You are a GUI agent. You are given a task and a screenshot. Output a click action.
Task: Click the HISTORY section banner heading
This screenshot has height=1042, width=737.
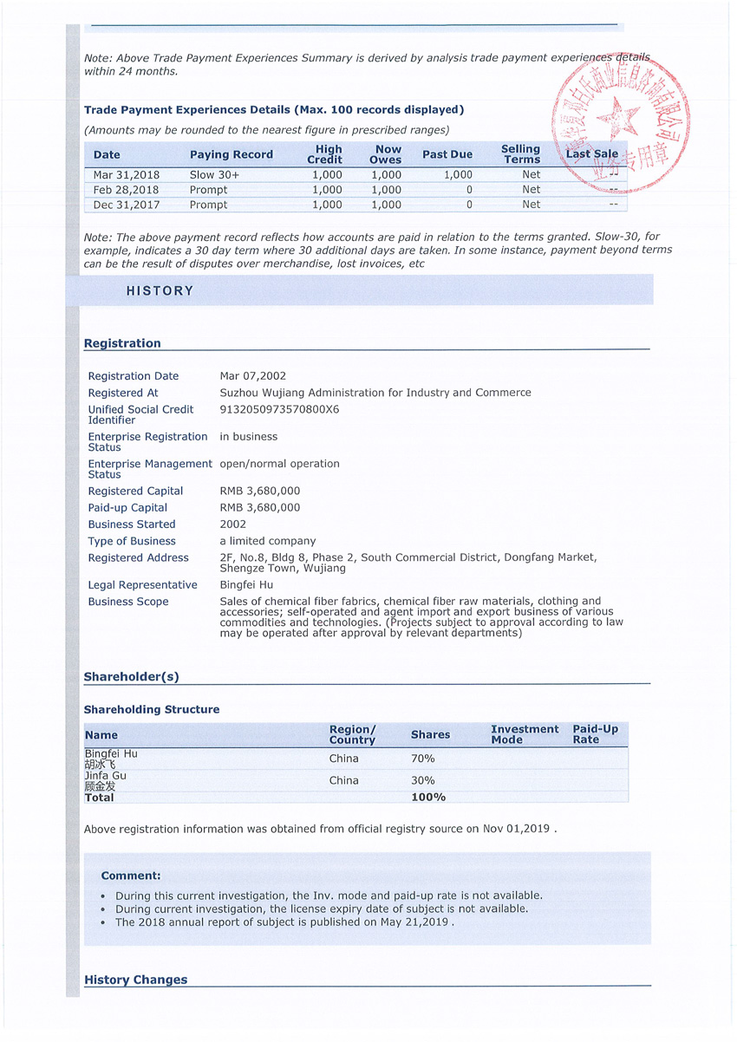pyautogui.click(x=160, y=291)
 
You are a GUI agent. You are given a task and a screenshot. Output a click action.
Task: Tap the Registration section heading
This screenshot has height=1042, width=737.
pyautogui.click(x=122, y=343)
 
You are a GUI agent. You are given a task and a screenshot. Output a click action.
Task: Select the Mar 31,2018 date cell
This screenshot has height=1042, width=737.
pyautogui.click(x=127, y=174)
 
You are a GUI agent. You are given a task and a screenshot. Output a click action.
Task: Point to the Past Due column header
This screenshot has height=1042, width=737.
pyautogui.click(x=447, y=155)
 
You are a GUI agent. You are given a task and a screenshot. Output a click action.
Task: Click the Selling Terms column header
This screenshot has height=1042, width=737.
pyautogui.click(x=520, y=154)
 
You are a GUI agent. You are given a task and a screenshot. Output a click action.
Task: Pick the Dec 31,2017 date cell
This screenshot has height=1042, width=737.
pyautogui.click(x=126, y=205)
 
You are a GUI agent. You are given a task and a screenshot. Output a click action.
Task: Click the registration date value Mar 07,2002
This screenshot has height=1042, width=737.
pyautogui.click(x=253, y=376)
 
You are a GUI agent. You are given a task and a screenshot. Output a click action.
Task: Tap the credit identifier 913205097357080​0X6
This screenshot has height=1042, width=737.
pyautogui.click(x=279, y=409)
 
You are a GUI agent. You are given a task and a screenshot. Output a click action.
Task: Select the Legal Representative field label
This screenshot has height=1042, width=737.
pyautogui.click(x=142, y=585)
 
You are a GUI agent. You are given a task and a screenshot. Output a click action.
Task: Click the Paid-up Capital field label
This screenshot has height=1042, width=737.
pyautogui.click(x=127, y=508)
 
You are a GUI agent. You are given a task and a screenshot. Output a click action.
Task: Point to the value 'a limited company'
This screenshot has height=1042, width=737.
pyautogui.click(x=268, y=541)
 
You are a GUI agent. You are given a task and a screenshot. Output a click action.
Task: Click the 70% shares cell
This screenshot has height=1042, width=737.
pyautogui.click(x=422, y=759)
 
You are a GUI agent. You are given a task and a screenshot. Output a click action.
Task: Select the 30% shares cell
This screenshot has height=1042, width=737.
pyautogui.click(x=422, y=780)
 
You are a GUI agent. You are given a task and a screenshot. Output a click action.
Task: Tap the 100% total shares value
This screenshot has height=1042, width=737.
pyautogui.click(x=428, y=797)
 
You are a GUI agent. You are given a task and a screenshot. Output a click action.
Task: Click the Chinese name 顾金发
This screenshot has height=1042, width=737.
pyautogui.click(x=100, y=786)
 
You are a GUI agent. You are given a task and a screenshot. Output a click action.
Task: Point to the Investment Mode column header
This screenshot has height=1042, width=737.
pyautogui.click(x=525, y=734)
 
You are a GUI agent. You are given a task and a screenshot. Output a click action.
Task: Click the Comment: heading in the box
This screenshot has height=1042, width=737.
pyautogui.click(x=131, y=876)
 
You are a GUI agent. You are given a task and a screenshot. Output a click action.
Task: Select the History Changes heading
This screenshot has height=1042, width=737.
pyautogui.click(x=135, y=980)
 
